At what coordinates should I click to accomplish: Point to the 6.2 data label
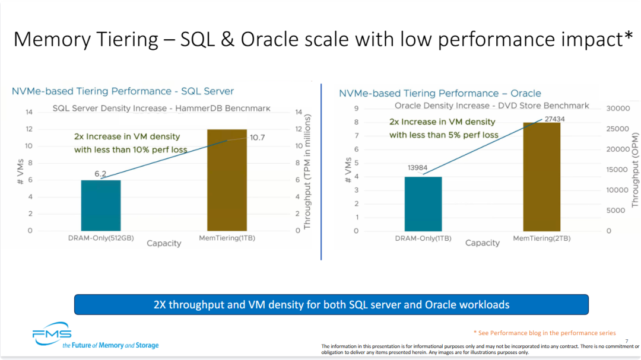click(100, 174)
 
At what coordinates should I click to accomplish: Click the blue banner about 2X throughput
click(331, 305)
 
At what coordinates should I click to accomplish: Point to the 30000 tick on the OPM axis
click(618, 109)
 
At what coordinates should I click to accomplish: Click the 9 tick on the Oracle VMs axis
click(356, 109)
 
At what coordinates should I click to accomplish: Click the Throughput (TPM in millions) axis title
click(307, 172)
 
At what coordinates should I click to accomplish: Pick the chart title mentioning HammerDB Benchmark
click(161, 109)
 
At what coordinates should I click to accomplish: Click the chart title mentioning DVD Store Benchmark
click(492, 106)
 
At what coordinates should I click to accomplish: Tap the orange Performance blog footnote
click(544, 333)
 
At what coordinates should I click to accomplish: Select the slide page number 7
click(626, 340)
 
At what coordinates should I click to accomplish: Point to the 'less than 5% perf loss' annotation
click(444, 135)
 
